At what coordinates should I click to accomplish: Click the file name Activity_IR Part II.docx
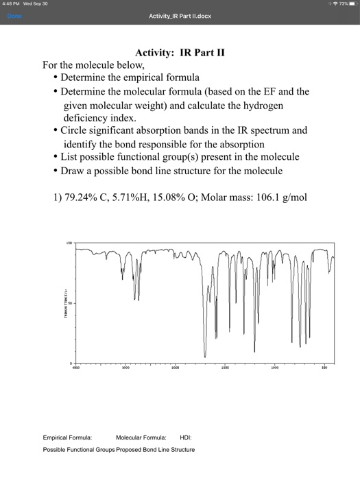pos(180,16)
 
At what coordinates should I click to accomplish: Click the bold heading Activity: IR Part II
pos(180,52)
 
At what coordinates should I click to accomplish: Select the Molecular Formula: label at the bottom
pos(141,437)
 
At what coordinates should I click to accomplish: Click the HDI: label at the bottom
pos(186,437)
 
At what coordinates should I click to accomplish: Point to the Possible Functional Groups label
pos(78,450)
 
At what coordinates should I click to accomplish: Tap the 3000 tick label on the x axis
pos(125,368)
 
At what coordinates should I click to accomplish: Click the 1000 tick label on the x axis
pos(274,368)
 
